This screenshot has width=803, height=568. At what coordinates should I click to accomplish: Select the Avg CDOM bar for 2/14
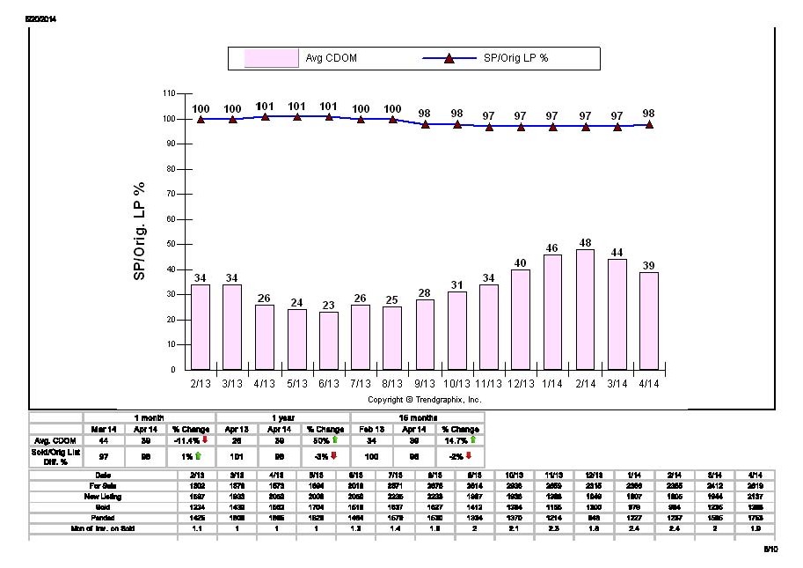click(585, 309)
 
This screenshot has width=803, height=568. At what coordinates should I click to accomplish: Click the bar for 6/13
click(328, 341)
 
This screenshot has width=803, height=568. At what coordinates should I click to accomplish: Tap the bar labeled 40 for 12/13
click(521, 319)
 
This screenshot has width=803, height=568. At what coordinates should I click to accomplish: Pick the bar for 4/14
click(649, 321)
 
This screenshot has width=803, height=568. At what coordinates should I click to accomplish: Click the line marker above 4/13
click(265, 116)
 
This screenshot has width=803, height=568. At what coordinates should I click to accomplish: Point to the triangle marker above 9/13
click(425, 124)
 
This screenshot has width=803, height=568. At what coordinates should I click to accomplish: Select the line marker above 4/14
click(649, 124)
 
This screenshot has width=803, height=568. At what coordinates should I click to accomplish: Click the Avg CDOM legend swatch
click(272, 59)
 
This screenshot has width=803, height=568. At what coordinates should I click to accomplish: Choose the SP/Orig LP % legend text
click(516, 59)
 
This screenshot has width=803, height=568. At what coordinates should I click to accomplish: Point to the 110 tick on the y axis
click(169, 92)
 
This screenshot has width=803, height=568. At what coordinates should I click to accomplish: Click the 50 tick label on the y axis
click(171, 244)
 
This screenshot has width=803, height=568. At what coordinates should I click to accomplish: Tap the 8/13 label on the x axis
click(392, 384)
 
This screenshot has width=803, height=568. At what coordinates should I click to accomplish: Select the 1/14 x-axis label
click(553, 384)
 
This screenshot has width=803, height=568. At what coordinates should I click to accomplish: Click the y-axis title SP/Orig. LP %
click(139, 232)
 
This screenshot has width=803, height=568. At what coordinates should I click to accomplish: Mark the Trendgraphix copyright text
click(424, 399)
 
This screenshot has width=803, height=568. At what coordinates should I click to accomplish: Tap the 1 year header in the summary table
click(283, 417)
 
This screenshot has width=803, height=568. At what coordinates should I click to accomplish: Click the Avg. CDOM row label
click(56, 439)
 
